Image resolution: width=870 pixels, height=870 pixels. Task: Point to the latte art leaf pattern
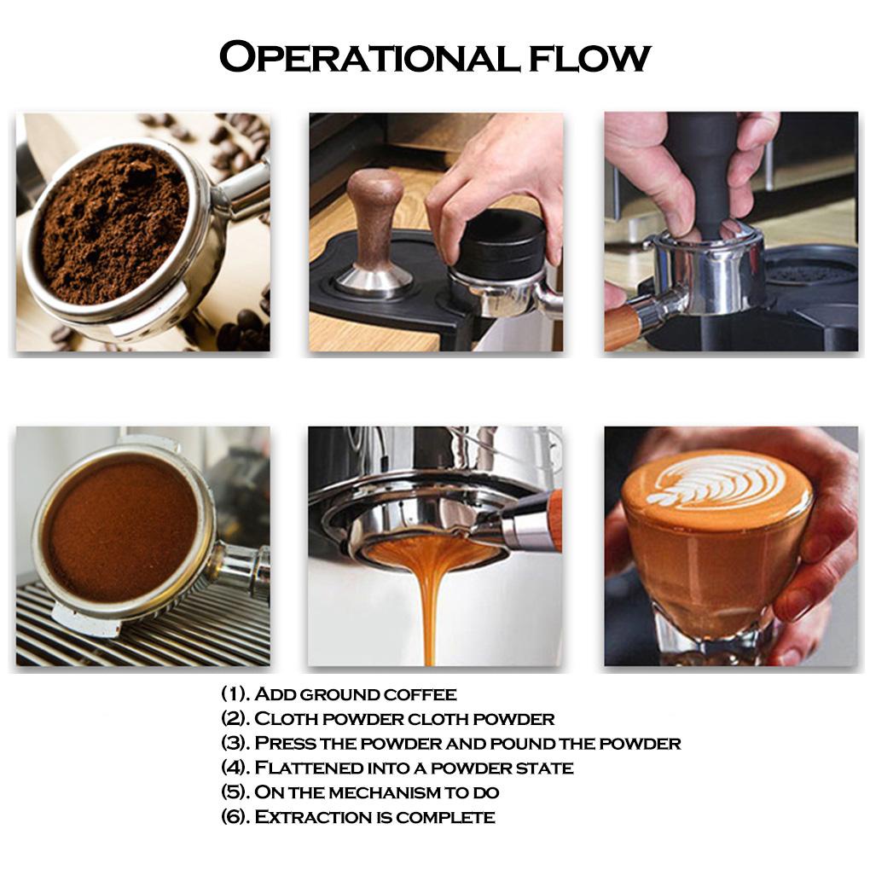click(x=716, y=482)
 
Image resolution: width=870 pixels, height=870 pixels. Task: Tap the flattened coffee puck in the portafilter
click(x=119, y=529)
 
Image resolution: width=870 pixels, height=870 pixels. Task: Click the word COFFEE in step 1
click(x=418, y=694)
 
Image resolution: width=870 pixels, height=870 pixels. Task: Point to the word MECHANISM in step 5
click(x=391, y=792)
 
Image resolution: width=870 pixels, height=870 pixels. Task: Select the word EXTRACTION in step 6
click(x=311, y=817)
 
